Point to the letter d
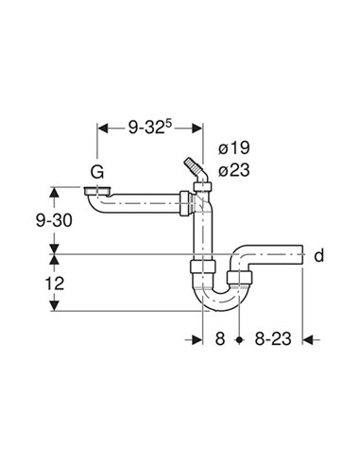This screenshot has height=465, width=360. pyautogui.click(x=318, y=255)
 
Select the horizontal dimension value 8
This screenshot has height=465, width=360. pyautogui.click(x=218, y=337)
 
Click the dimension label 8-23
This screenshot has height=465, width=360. pyautogui.click(x=273, y=337)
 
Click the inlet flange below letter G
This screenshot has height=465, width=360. pyautogui.click(x=94, y=191)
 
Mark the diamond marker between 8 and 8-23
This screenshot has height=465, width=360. pyautogui.click(x=241, y=337)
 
